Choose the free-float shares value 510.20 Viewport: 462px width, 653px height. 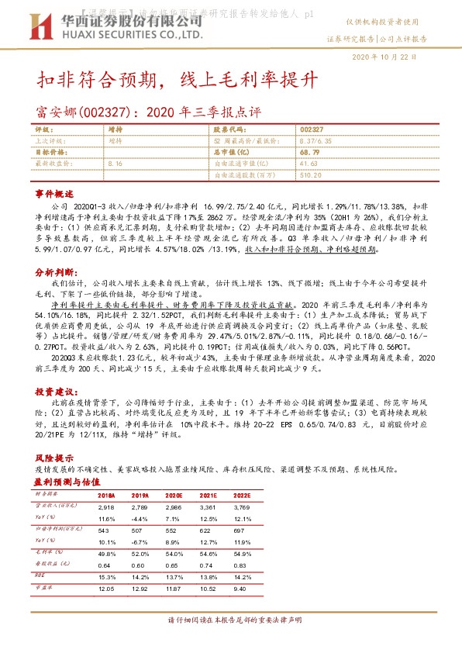311,175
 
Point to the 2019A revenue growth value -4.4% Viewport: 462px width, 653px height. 140,517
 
